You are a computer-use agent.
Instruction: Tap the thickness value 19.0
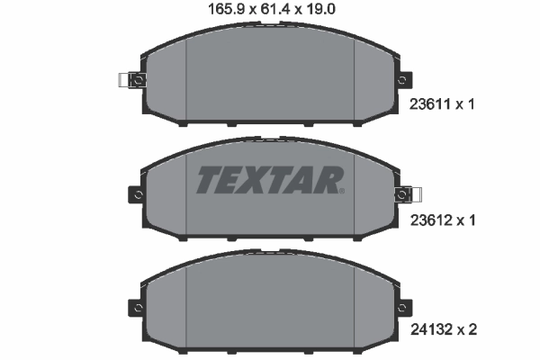click(320, 11)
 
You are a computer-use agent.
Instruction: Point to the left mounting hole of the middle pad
click(137, 193)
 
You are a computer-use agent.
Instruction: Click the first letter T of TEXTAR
click(209, 180)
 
